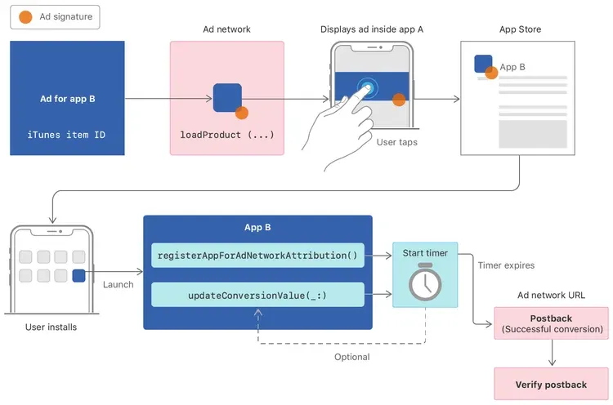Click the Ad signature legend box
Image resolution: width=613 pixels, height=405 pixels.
click(x=56, y=17)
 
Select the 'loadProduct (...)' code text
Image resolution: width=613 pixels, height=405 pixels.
click(x=227, y=133)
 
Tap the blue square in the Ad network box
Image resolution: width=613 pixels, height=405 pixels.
click(x=226, y=98)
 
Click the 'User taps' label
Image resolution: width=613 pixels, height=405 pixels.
click(x=397, y=142)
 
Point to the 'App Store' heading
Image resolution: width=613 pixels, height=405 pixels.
click(x=520, y=29)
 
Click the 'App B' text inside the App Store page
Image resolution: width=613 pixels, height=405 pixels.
click(x=512, y=67)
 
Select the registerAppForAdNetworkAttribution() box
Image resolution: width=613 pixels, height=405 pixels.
click(x=257, y=256)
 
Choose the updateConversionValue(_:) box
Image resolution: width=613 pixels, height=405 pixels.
click(x=257, y=295)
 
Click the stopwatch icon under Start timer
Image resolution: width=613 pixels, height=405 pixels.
click(x=425, y=282)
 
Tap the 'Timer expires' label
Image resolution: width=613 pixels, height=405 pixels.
click(x=506, y=265)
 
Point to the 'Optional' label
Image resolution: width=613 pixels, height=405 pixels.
click(x=351, y=357)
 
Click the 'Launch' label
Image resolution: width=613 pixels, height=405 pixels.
click(x=119, y=284)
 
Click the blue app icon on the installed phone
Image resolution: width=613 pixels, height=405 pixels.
click(x=78, y=276)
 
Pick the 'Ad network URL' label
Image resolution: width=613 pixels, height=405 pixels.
click(x=551, y=295)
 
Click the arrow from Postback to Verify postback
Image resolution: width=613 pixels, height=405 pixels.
click(x=551, y=353)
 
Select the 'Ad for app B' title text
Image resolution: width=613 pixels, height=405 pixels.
click(x=68, y=99)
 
